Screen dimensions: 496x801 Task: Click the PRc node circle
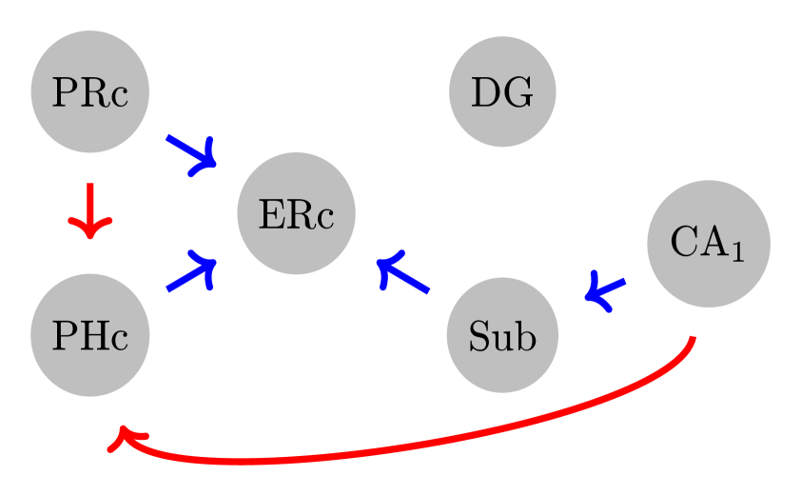coord(89,92)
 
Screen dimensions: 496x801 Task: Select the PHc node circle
coord(89,335)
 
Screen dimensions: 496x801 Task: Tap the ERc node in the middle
coord(296,213)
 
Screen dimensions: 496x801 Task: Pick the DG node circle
coord(502,92)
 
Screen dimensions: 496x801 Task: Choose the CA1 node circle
coord(708,244)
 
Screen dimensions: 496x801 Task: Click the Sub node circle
coord(502,335)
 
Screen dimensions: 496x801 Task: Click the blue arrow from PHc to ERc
coord(190,274)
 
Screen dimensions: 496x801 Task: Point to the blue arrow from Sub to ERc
coord(403,273)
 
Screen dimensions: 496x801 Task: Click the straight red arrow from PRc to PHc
coord(89,209)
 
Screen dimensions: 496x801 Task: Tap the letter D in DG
coord(486,92)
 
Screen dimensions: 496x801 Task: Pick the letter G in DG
coord(517,92)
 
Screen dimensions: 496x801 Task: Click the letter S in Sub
coord(479,336)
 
